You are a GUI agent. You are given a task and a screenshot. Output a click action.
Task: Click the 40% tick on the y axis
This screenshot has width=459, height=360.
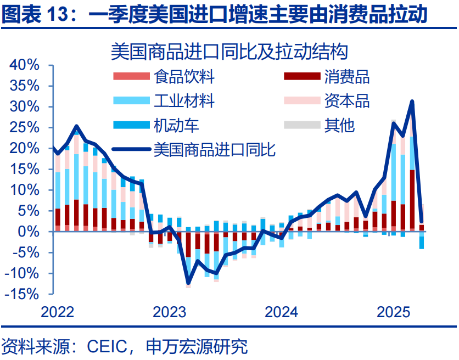[x=24, y=65]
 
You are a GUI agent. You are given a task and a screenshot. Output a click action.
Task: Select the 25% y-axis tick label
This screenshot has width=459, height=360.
[x=24, y=127]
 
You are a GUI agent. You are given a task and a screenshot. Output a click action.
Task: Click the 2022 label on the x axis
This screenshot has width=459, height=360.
[x=58, y=312]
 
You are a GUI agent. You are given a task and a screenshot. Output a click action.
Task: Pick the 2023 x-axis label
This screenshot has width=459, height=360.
[x=169, y=312]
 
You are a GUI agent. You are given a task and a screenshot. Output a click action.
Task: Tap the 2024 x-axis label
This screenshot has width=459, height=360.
[x=281, y=312]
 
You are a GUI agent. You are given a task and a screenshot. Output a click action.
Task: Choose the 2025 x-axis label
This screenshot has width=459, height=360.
[x=393, y=312]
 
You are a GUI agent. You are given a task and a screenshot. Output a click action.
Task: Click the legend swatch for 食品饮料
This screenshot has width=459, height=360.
[x=131, y=77]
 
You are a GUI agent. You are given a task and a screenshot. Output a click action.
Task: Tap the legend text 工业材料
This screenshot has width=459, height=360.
[x=184, y=101]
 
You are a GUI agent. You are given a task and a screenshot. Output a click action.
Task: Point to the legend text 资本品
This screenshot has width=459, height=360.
[x=346, y=101]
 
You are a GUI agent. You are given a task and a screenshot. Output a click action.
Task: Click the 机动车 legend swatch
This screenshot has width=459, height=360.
[x=131, y=125]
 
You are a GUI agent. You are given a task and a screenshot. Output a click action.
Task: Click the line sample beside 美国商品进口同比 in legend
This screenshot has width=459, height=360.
[x=131, y=149]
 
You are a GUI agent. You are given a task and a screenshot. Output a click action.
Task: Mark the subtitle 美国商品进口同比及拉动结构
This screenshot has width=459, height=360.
[x=229, y=52]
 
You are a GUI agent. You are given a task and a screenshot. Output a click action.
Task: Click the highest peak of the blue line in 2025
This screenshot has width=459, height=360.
[x=412, y=101]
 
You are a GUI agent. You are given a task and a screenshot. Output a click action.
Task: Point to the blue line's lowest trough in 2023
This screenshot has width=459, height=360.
[x=188, y=282]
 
